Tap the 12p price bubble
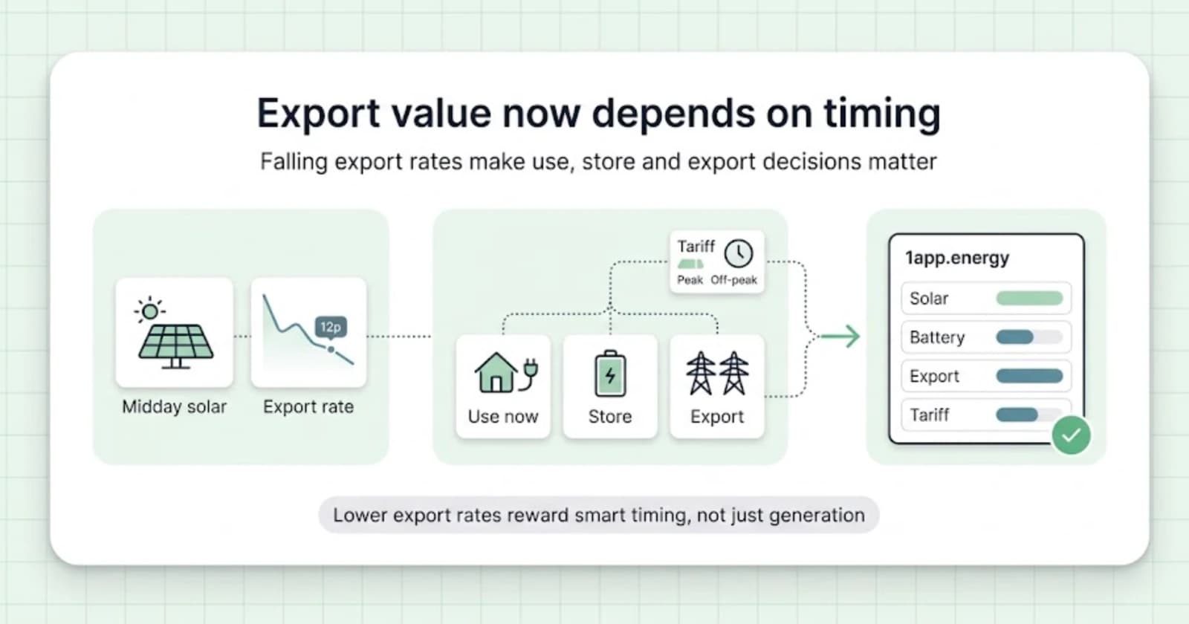coord(331,327)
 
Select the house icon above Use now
coord(496,372)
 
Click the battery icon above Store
coord(610,373)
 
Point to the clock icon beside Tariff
coord(739,253)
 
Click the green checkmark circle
coord(1071,435)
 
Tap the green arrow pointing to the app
coord(839,337)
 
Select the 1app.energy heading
coord(957,258)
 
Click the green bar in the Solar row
coord(1029,298)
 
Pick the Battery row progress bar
coord(1029,337)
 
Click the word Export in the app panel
coord(934,376)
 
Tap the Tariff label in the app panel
coord(930,415)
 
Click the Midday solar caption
coord(174,407)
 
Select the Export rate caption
coord(308,407)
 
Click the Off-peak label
coord(733,280)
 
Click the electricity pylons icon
coord(717,373)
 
